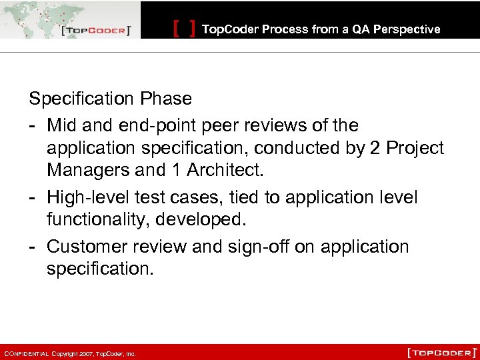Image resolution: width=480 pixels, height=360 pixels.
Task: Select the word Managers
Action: point(88,170)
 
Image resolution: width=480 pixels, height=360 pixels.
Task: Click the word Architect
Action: point(225,170)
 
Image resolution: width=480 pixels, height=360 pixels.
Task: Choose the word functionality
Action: point(102,219)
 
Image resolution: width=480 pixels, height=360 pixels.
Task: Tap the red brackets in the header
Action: point(184,29)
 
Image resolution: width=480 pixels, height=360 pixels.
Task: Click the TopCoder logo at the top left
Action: point(96,31)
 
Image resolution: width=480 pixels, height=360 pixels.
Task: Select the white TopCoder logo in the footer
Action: point(441,351)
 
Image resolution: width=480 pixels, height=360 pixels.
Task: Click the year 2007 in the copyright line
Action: point(85,354)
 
